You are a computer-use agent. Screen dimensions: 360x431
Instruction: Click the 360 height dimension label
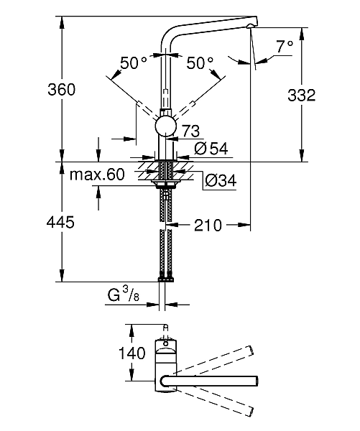point(61,90)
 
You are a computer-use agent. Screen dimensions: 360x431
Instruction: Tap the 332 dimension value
point(301,96)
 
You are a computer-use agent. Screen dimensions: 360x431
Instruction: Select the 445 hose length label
point(60,222)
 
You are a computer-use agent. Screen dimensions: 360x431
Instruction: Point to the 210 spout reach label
point(208,226)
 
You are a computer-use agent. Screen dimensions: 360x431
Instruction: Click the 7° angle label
point(285,47)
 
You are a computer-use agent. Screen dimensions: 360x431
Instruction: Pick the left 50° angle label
point(134,63)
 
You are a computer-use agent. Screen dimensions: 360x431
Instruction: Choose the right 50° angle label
point(200,63)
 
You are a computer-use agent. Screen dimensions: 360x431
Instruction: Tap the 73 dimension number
point(191,131)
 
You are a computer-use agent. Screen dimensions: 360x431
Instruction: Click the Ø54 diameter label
point(211,149)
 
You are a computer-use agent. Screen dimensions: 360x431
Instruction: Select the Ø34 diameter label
point(221,180)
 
